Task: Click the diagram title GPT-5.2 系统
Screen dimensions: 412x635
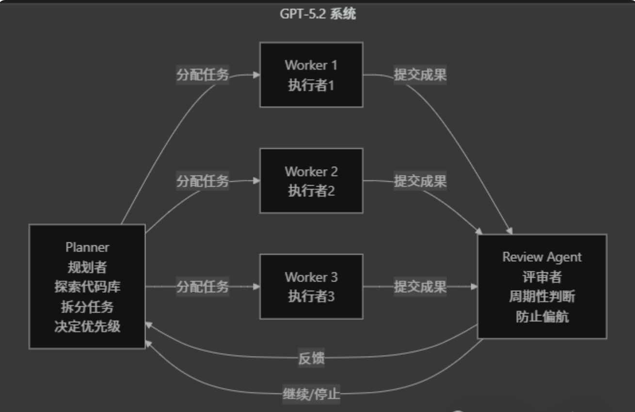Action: tap(317, 14)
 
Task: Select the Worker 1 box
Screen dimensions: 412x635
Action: tap(311, 75)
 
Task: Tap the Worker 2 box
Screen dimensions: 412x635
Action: tap(311, 181)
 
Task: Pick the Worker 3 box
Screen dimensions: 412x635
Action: tap(311, 286)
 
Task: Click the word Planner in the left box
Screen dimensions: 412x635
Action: tap(87, 247)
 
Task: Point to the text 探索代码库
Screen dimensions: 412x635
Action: tap(87, 287)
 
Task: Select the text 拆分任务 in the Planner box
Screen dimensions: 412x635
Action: tap(87, 307)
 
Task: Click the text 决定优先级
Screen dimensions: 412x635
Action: tap(87, 326)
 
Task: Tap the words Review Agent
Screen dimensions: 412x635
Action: tap(541, 257)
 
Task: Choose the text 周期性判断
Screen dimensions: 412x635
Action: tap(541, 297)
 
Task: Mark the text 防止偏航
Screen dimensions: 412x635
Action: tap(541, 317)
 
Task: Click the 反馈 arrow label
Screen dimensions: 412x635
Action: tap(311, 359)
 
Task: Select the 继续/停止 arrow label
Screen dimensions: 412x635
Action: tap(311, 394)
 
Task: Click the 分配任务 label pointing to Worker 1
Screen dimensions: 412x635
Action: tap(202, 75)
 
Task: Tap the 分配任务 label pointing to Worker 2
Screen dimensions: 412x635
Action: tap(202, 181)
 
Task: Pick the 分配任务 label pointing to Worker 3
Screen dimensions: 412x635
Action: tap(202, 287)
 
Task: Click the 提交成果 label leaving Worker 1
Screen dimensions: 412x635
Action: tap(420, 75)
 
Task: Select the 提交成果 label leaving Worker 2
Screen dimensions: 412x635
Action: tap(420, 181)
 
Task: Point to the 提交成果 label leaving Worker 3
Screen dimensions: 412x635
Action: tap(420, 287)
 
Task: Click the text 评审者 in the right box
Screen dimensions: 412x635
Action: tap(541, 277)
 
